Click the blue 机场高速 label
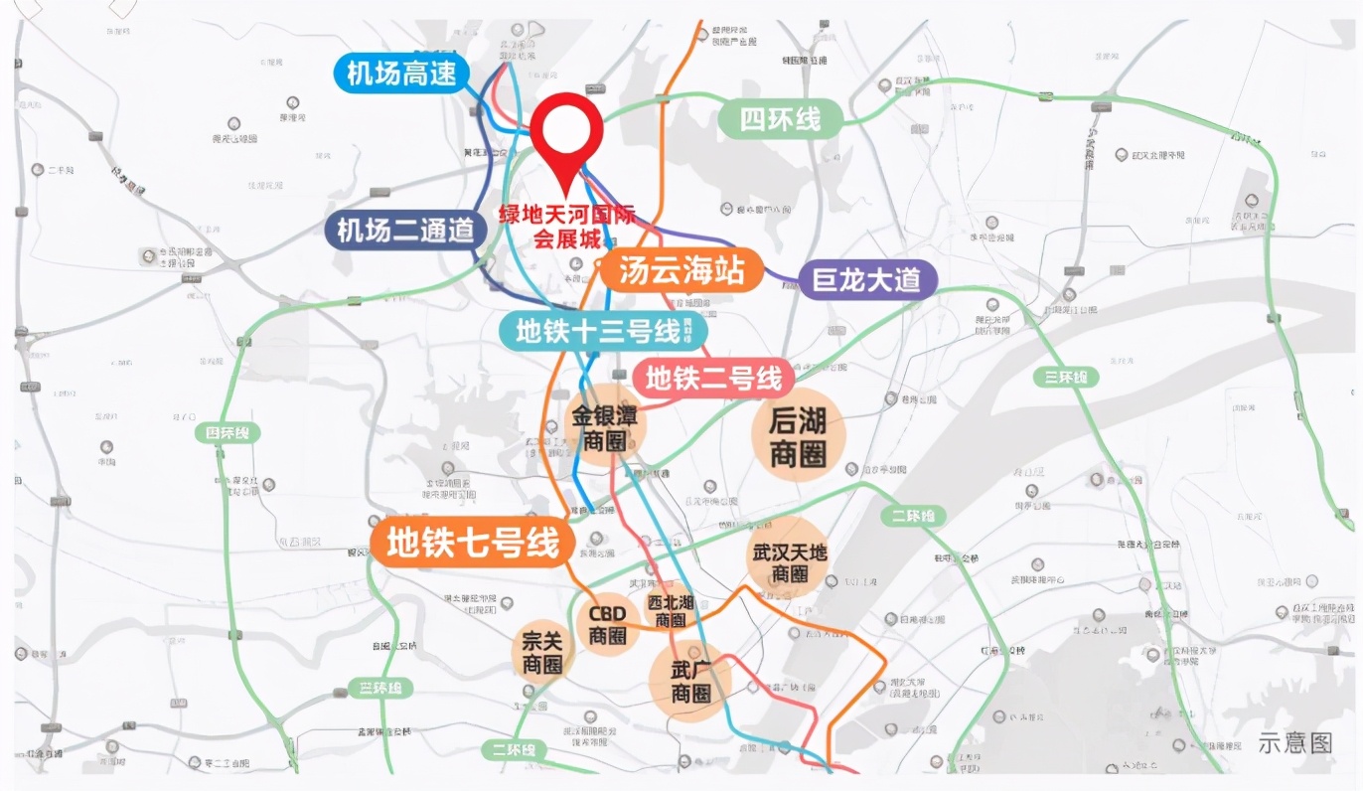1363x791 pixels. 401,73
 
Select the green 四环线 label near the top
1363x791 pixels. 781,120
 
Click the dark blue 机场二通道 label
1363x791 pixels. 405,231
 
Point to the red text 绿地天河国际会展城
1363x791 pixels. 567,227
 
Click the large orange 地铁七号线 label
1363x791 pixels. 473,544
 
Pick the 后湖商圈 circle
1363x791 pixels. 798,435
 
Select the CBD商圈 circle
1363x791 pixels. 608,625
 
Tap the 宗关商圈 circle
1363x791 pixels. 542,653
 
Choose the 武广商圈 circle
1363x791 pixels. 690,682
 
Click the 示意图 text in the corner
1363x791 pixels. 1294,741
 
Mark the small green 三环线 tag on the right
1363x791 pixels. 1066,377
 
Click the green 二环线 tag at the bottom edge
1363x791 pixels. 513,749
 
